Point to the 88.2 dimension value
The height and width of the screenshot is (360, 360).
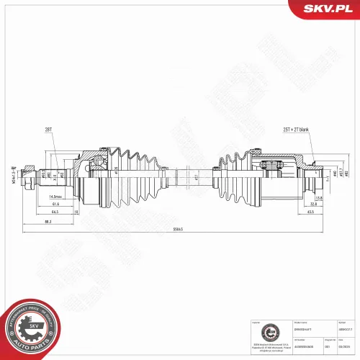[x=48, y=221]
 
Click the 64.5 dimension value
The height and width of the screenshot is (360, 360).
[x=55, y=212]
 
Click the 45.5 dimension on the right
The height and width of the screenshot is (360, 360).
[x=310, y=212]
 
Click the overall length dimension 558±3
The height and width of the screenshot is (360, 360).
[x=178, y=229]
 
